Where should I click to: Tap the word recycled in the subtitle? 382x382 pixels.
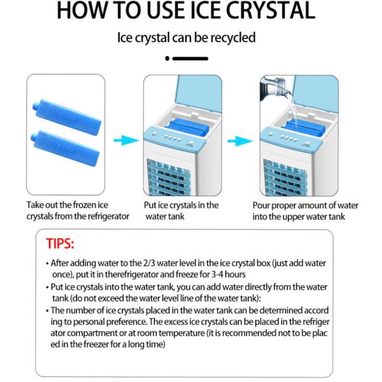click(x=233, y=38)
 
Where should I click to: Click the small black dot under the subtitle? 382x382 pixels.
click(x=167, y=59)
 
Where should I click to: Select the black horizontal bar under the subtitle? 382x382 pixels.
click(x=190, y=59)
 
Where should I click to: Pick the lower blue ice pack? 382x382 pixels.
click(x=66, y=148)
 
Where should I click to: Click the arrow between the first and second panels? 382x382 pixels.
click(x=126, y=141)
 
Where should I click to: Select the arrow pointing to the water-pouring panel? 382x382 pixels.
click(x=240, y=141)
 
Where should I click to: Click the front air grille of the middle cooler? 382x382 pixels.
click(x=169, y=178)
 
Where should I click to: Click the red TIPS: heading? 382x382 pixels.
click(x=60, y=244)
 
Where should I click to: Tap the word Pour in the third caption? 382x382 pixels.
click(x=260, y=206)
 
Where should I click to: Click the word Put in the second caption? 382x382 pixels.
click(x=150, y=205)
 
